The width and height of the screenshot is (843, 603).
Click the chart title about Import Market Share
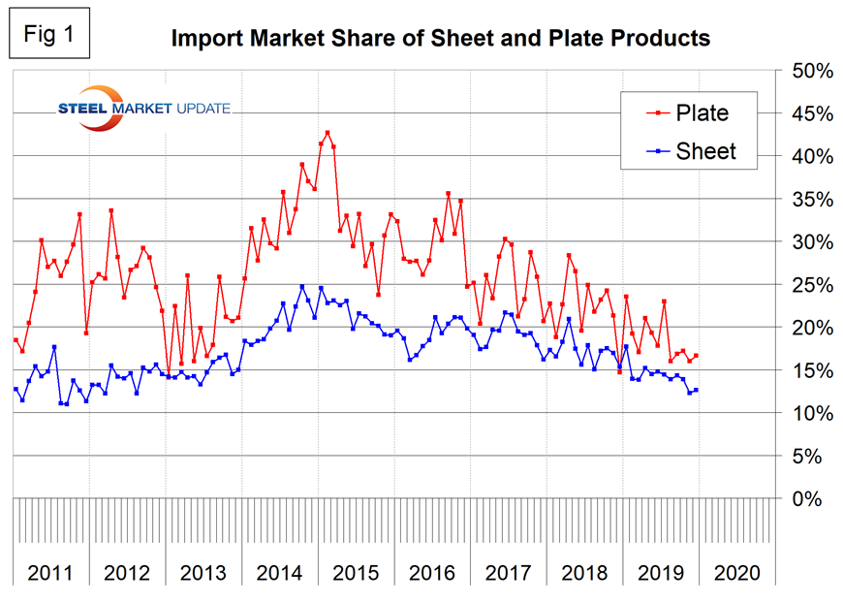pyautogui.click(x=441, y=39)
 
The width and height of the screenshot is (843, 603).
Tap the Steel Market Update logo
pyautogui.click(x=142, y=108)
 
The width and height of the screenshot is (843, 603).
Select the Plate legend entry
pyautogui.click(x=702, y=113)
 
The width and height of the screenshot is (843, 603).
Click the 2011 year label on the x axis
pyautogui.click(x=50, y=572)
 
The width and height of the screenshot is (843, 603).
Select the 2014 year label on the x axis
pyautogui.click(x=279, y=572)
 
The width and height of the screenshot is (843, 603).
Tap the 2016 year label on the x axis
pyautogui.click(x=432, y=572)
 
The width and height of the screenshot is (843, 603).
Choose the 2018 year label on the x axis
pyautogui.click(x=584, y=572)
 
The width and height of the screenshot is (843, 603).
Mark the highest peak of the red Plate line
pyautogui.click(x=327, y=132)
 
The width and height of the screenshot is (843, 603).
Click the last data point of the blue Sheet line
pyautogui.click(x=697, y=390)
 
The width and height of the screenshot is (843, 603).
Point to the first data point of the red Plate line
pyautogui.click(x=16, y=340)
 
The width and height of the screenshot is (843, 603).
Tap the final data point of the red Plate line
pyautogui.click(x=697, y=356)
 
